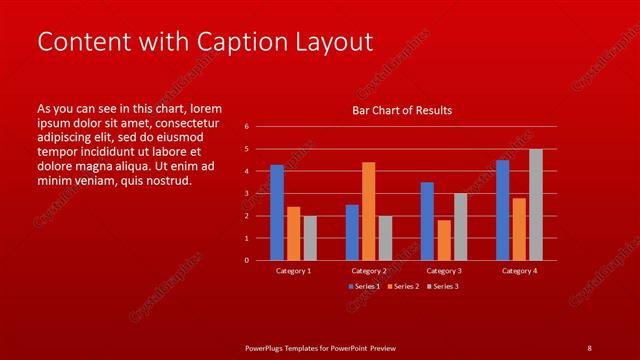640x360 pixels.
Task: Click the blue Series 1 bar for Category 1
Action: click(277, 212)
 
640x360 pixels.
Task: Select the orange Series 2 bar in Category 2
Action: click(369, 211)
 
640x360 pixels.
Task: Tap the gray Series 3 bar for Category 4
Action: click(536, 204)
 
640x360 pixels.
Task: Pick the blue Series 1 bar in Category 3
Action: click(427, 221)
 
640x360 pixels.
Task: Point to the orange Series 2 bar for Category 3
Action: click(444, 240)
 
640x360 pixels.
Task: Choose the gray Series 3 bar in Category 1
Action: click(310, 238)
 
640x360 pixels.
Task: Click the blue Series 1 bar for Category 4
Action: click(502, 210)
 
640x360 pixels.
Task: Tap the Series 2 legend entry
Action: click(402, 287)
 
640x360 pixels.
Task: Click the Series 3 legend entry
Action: click(441, 287)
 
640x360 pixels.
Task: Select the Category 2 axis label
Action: click(369, 271)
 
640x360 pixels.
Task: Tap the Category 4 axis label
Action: click(519, 271)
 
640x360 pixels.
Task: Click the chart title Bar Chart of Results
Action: click(403, 110)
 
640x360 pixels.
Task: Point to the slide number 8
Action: click(589, 348)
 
